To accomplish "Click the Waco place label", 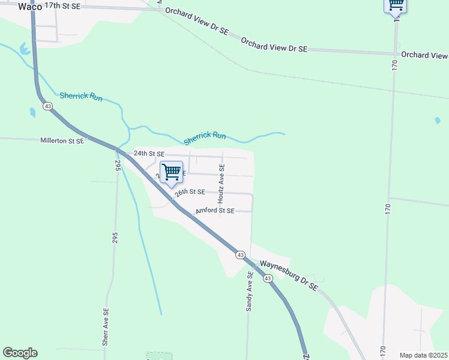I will [x=30, y=6].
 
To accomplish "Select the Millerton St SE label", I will [x=62, y=140].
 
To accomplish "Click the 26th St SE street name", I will [x=190, y=192].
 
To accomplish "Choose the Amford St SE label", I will [x=214, y=211].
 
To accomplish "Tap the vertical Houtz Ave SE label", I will [x=221, y=182].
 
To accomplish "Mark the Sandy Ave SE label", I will [x=249, y=291].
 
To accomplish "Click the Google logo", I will [x=20, y=353].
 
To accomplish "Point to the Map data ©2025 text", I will [x=423, y=355].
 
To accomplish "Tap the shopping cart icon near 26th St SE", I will [x=172, y=172].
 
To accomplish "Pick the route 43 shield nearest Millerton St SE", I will [x=48, y=106].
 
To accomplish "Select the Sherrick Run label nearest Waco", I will [x=80, y=96].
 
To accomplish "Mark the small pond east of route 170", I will [x=438, y=121].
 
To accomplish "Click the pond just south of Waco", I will [x=25, y=48].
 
